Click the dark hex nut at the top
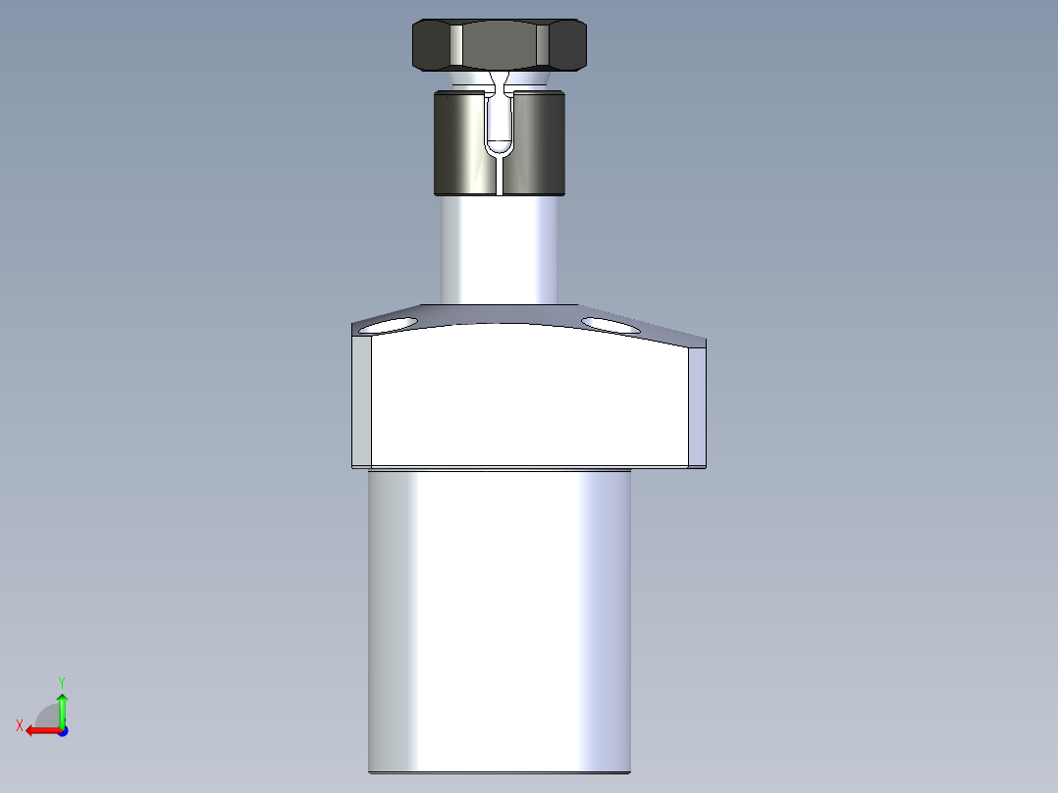[499, 45]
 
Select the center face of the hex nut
[499, 45]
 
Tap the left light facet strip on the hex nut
[457, 45]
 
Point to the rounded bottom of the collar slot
[499, 148]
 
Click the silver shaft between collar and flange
[499, 250]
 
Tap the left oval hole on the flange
[389, 325]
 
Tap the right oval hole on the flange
[610, 323]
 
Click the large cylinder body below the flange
[499, 618]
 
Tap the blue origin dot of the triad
[62, 730]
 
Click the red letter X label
[20, 725]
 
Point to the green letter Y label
[61, 681]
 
